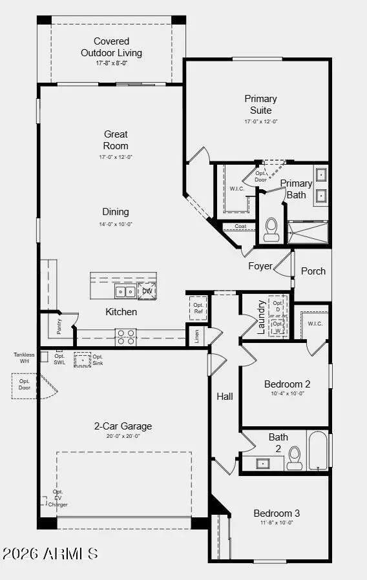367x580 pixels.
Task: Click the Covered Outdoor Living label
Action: [x=111, y=47]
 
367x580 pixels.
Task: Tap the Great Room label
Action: [x=116, y=140]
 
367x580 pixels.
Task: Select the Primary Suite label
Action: [x=260, y=104]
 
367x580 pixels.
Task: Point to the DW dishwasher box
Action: [x=147, y=291]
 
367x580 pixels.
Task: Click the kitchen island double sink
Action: [x=125, y=292]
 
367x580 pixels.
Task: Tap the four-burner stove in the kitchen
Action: [x=125, y=337]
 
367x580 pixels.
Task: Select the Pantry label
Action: [x=59, y=327]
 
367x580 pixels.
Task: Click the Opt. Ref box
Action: [x=199, y=308]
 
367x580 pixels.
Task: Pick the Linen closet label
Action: [x=196, y=337]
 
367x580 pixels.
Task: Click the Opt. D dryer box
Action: [x=278, y=306]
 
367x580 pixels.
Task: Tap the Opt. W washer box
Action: [x=278, y=327]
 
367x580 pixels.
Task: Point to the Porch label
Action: [x=313, y=271]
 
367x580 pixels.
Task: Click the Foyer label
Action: [x=260, y=266]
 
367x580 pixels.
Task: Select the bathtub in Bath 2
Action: [x=317, y=451]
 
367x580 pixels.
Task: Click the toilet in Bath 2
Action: [x=295, y=457]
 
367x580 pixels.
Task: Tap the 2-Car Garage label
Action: [x=123, y=426]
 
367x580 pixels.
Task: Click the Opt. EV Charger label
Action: [x=58, y=498]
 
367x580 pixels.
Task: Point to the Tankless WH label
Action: [x=25, y=357]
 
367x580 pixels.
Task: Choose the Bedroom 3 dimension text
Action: [x=277, y=523]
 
